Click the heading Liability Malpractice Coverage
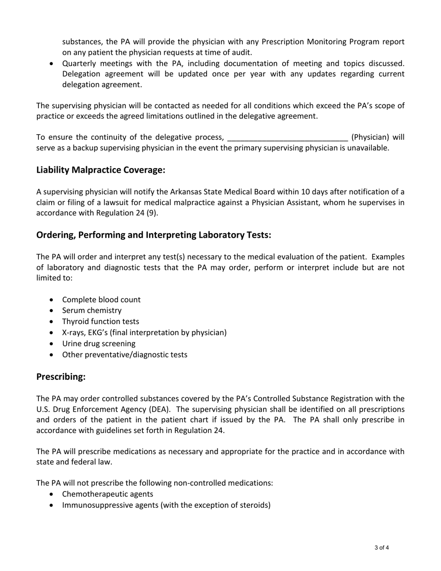point(101,170)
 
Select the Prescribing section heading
point(61,376)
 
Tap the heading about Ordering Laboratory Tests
point(154,235)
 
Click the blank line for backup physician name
point(287,137)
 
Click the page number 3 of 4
point(381,548)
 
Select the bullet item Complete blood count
point(101,299)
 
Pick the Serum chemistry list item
point(91,311)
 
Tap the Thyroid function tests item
point(100,321)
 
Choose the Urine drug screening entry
point(98,344)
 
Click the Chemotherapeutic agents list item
point(107,494)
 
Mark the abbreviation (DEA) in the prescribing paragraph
point(159,409)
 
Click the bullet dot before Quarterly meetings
point(51,64)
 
